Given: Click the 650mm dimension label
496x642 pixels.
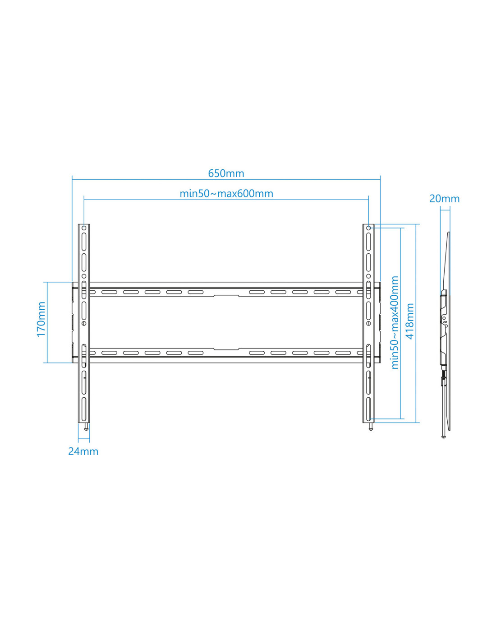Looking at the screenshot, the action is tap(226, 173).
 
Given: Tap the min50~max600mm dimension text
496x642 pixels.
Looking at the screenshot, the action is tap(226, 194).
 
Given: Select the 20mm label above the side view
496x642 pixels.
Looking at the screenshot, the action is tap(444, 199).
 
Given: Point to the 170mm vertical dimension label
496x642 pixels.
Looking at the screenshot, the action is tap(41, 319).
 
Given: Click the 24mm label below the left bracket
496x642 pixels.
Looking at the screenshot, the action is tap(83, 451).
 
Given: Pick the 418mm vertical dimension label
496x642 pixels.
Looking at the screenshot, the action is tap(410, 321).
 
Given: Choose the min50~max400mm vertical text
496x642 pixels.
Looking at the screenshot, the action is tap(395, 322).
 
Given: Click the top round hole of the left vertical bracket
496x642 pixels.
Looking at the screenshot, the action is tap(84, 228).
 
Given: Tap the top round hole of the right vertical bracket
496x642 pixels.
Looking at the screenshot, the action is tap(368, 228).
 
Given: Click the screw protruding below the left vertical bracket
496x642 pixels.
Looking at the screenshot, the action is tap(86, 427).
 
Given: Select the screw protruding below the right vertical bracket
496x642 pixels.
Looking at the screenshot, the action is tap(371, 427).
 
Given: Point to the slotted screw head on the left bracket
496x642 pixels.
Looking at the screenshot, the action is tap(84, 324).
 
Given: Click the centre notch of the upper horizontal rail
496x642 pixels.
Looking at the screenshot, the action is tap(226, 295).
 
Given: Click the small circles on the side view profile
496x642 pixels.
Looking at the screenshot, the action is tap(445, 322).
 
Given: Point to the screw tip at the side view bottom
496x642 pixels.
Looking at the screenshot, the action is tap(443, 436).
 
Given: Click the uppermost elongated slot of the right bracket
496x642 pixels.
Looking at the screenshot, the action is tap(368, 241).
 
